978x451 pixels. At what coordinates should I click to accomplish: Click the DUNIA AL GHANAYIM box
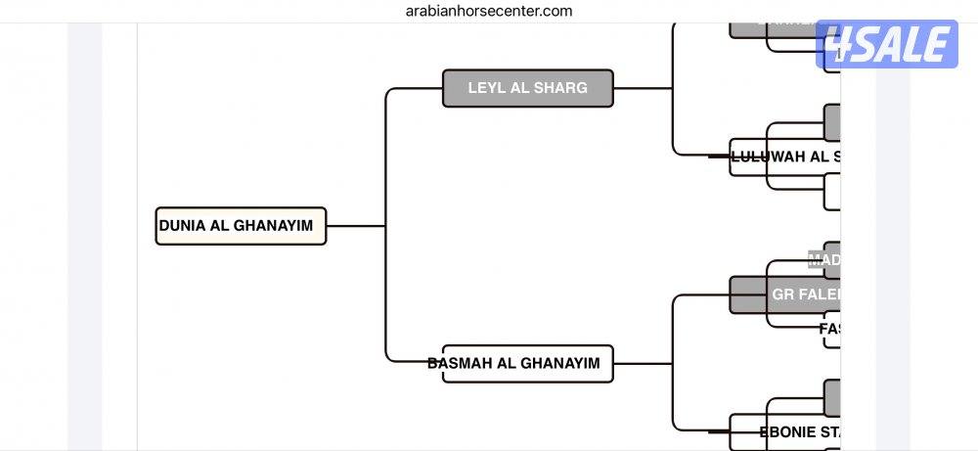[241, 226]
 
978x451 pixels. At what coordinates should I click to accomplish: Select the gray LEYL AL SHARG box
[528, 88]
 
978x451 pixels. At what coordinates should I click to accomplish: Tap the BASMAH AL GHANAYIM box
[528, 363]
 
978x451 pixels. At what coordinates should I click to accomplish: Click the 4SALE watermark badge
[887, 45]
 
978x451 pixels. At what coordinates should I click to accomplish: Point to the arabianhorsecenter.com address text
[489, 11]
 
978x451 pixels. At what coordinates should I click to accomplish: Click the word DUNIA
[182, 226]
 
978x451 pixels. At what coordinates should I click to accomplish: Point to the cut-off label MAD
[824, 260]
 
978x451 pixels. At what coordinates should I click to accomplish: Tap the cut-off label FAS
[830, 329]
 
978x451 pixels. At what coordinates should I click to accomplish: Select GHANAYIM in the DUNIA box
[274, 226]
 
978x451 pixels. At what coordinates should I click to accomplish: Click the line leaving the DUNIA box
[354, 226]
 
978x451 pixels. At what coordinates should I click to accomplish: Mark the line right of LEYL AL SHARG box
[642, 88]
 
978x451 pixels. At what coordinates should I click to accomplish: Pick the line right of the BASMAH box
[642, 364]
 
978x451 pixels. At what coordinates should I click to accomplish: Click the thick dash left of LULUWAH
[719, 156]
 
